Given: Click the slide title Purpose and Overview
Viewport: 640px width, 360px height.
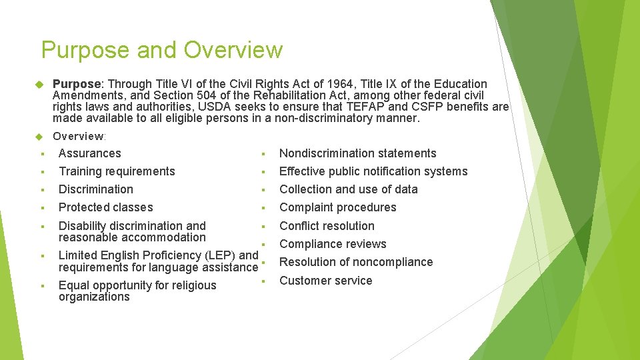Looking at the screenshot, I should pos(162,50).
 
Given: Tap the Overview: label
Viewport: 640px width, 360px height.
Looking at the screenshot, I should pos(79,136).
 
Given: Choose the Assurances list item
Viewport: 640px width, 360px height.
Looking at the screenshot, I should pos(90,153).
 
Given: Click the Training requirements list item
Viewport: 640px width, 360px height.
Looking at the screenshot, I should pos(117,171).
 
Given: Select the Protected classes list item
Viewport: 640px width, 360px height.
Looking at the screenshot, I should pos(106,207).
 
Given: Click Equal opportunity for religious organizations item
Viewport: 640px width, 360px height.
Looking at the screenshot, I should pos(137,291).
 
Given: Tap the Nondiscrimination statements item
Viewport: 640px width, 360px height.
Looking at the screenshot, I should pos(358,153).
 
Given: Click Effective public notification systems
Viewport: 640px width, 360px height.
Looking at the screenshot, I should pos(373,171).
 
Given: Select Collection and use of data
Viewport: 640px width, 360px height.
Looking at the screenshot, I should pos(349,189).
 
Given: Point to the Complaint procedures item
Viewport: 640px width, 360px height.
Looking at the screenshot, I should pos(338,207).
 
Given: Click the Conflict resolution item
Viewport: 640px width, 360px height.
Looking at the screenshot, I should pos(327,226).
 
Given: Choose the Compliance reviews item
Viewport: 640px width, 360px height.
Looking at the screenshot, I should pos(333,244).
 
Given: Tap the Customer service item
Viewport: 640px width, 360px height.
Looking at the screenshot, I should pos(326,281).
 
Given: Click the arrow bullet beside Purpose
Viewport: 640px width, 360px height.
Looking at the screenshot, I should pos(39,85).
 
